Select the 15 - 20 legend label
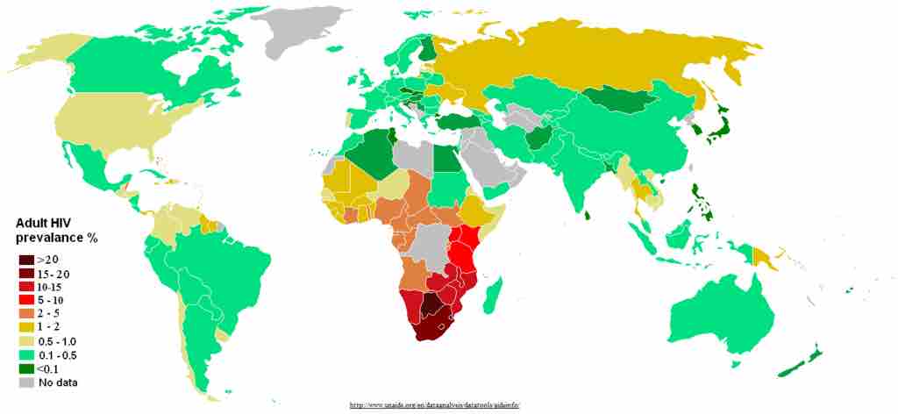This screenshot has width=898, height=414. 54,274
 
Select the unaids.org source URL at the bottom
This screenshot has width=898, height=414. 435,405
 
